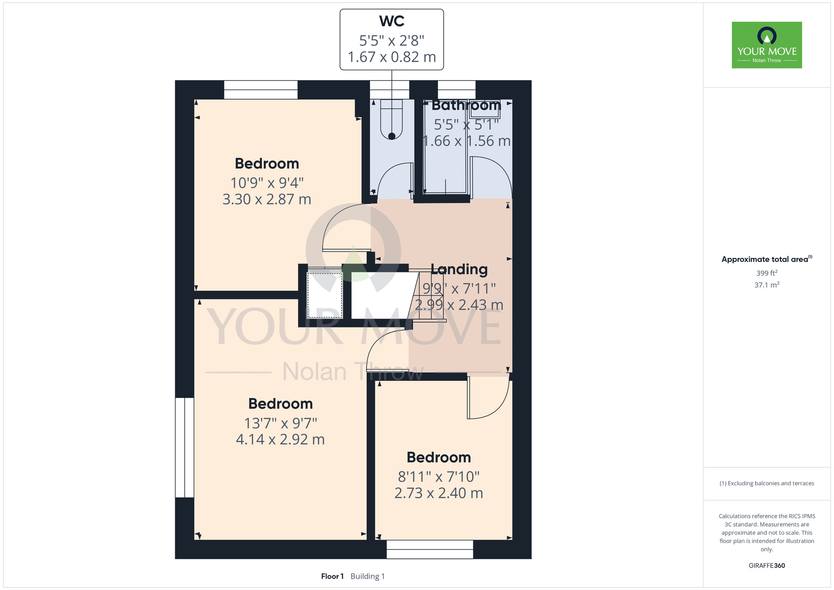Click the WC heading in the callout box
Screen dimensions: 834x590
coord(392,21)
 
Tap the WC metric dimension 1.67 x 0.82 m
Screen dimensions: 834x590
coord(392,57)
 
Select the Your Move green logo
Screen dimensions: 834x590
coord(767,45)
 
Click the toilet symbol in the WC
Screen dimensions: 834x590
coord(392,119)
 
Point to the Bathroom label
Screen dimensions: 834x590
coord(466,105)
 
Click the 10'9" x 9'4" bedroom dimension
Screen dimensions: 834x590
coord(267,183)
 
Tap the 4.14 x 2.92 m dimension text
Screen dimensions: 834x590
coord(280,439)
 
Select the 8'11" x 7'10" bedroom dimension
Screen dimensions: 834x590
coord(439,477)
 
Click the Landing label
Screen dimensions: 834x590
coord(459,270)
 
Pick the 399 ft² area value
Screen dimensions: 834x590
coord(767,273)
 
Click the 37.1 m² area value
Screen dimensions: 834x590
coord(767,285)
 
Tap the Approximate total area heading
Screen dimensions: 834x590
coord(767,259)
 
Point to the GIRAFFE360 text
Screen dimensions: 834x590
coord(767,566)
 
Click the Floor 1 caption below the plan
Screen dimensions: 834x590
coord(332,576)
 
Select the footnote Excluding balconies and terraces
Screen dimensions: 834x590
coord(767,483)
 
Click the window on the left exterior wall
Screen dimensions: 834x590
coord(184,447)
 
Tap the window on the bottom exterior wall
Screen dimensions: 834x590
coord(430,550)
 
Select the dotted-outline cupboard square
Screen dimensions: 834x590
coord(325,295)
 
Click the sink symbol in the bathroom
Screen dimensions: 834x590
coord(485,109)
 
